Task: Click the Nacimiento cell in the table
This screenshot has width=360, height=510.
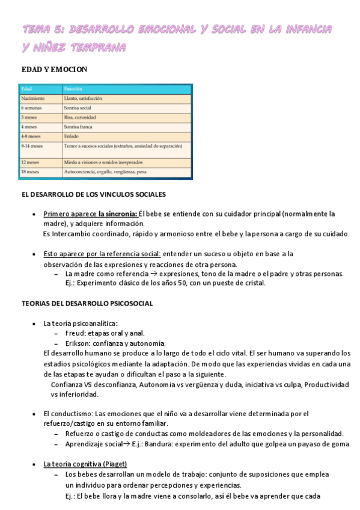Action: [33, 98]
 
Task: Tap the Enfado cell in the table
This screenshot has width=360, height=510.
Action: [72, 137]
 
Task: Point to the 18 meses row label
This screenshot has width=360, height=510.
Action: [30, 172]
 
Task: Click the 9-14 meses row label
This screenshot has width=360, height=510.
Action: [32, 146]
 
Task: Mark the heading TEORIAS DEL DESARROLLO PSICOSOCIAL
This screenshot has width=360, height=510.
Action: [87, 303]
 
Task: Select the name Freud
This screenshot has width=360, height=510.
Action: [75, 333]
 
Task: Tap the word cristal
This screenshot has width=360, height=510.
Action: [252, 283]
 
